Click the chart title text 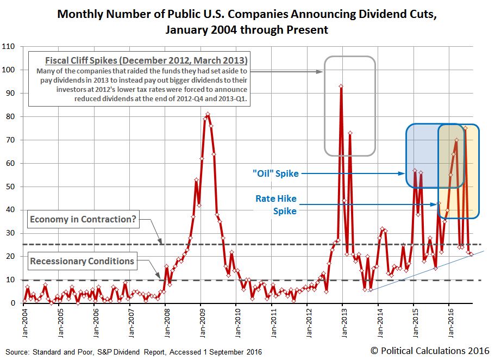tap(247, 22)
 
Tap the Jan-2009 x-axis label tap(200, 325)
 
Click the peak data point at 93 tap(341, 86)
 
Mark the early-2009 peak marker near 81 tap(208, 114)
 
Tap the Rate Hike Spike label tap(276, 204)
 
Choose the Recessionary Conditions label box tap(82, 261)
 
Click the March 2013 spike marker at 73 tap(350, 133)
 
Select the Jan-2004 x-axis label tap(23, 325)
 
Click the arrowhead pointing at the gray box tap(321, 71)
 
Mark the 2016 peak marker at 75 tap(465, 128)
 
